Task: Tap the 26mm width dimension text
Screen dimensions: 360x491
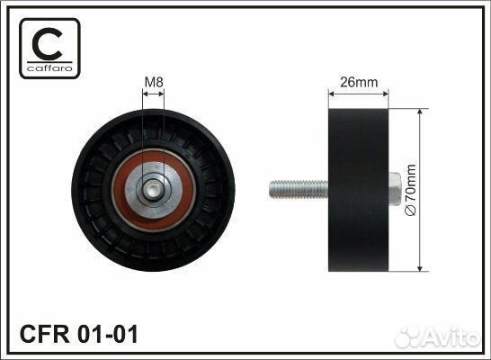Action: pos(358,83)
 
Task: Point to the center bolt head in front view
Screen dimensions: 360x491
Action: pos(156,189)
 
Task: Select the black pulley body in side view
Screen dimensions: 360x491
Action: pos(359,189)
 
